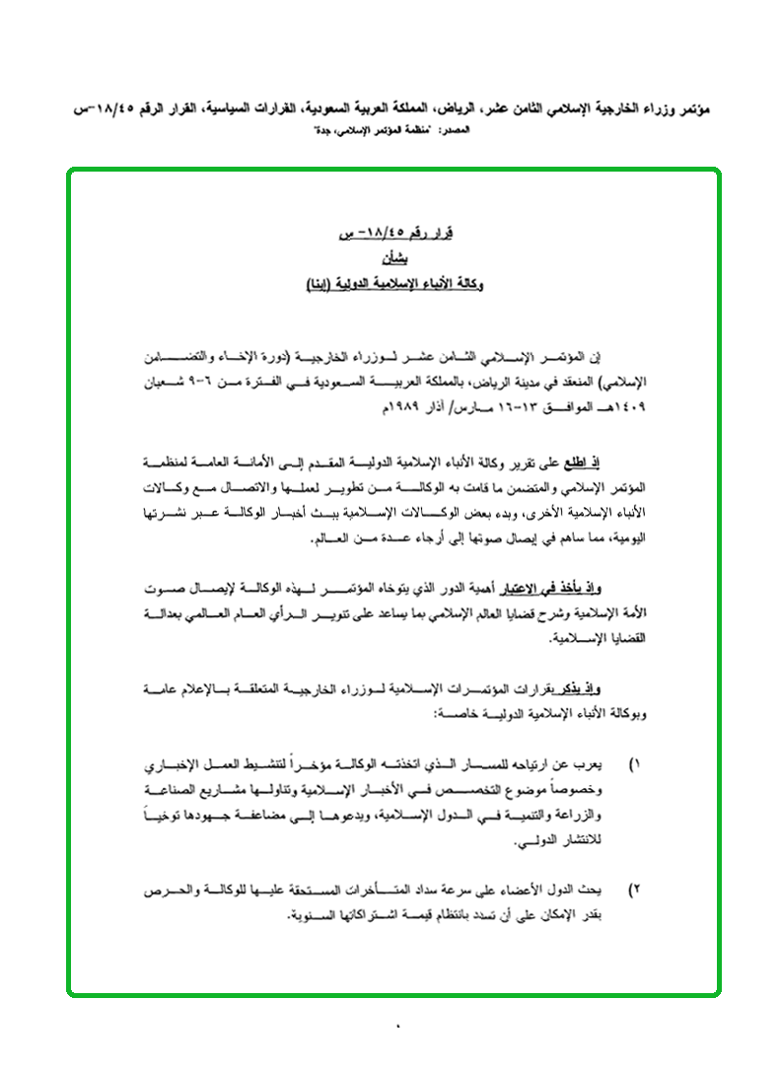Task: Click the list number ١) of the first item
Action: coord(636,766)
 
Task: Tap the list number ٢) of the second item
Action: coord(636,891)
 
